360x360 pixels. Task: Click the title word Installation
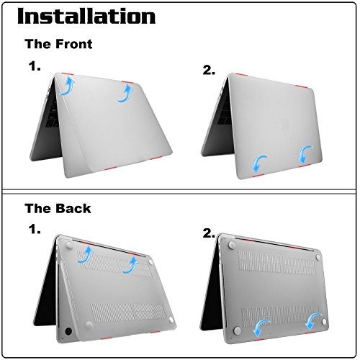click(86, 17)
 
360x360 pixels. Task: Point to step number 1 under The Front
click(35, 67)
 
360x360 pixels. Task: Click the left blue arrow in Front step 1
click(68, 87)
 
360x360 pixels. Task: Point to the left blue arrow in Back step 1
click(86, 253)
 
